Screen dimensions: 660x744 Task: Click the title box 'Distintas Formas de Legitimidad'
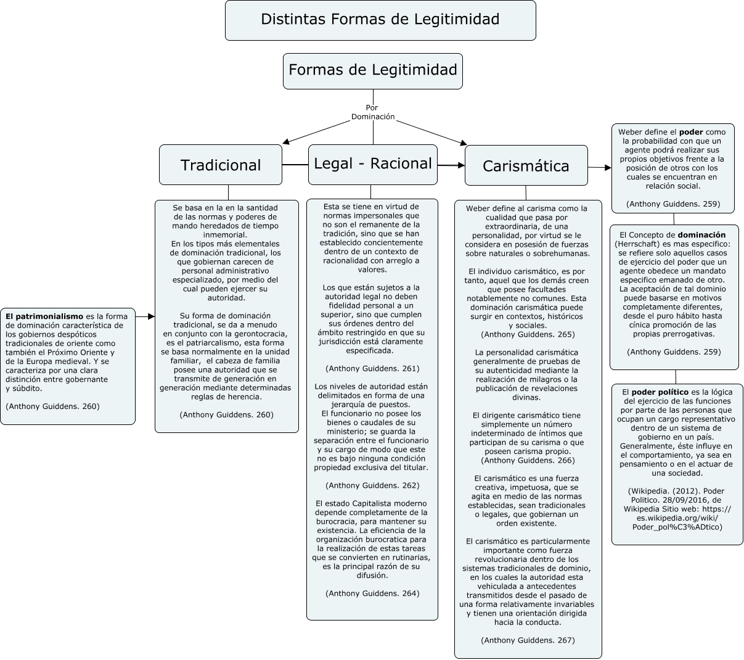[380, 20]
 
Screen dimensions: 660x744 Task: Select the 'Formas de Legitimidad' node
[372, 70]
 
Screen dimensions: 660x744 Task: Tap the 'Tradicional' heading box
[221, 165]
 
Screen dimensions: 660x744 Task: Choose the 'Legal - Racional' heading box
[373, 164]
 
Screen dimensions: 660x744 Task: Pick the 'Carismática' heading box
[526, 166]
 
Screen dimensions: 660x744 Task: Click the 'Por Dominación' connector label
[372, 112]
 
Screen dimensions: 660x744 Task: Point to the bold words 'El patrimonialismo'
[44, 316]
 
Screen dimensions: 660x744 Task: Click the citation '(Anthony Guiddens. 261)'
[372, 368]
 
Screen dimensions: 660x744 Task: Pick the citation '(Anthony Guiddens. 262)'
[372, 485]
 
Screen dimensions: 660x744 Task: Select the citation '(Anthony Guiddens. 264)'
[372, 593]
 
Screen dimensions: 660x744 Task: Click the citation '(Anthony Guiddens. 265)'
[528, 334]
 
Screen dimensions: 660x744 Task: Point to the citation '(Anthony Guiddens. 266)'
[528, 460]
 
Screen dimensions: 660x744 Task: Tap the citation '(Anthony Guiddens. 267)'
[528, 640]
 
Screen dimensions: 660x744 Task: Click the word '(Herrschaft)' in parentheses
[637, 244]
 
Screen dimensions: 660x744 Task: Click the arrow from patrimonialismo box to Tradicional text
[145, 316]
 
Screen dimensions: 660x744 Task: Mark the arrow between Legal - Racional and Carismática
[451, 165]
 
